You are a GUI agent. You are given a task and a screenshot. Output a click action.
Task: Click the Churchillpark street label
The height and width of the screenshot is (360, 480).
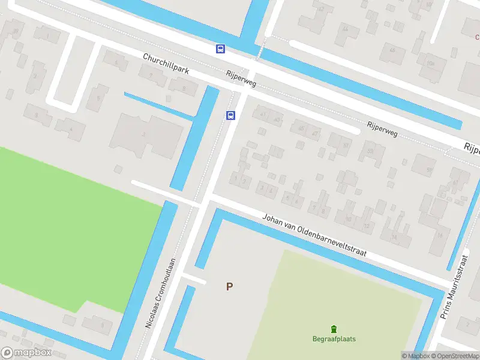[166, 63]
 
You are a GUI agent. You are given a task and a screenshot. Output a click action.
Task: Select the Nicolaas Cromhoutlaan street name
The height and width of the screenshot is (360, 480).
[160, 293]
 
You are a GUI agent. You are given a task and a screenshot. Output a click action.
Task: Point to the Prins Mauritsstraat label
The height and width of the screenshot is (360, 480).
[454, 286]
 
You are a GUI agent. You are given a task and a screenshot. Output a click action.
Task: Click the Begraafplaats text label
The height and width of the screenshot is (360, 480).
[334, 339]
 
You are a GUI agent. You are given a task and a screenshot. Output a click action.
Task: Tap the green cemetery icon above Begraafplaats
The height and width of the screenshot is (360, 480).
[334, 328]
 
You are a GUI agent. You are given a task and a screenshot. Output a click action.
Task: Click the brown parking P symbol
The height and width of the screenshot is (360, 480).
[229, 287]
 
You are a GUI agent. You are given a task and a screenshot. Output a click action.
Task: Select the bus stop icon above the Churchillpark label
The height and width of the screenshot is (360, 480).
[221, 49]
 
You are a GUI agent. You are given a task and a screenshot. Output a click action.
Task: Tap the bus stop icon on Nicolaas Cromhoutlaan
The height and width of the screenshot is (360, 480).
[230, 116]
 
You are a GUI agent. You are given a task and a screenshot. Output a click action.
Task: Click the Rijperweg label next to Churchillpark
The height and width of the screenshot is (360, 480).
[240, 79]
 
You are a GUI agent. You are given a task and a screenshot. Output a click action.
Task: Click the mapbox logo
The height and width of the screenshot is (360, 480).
[26, 353]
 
